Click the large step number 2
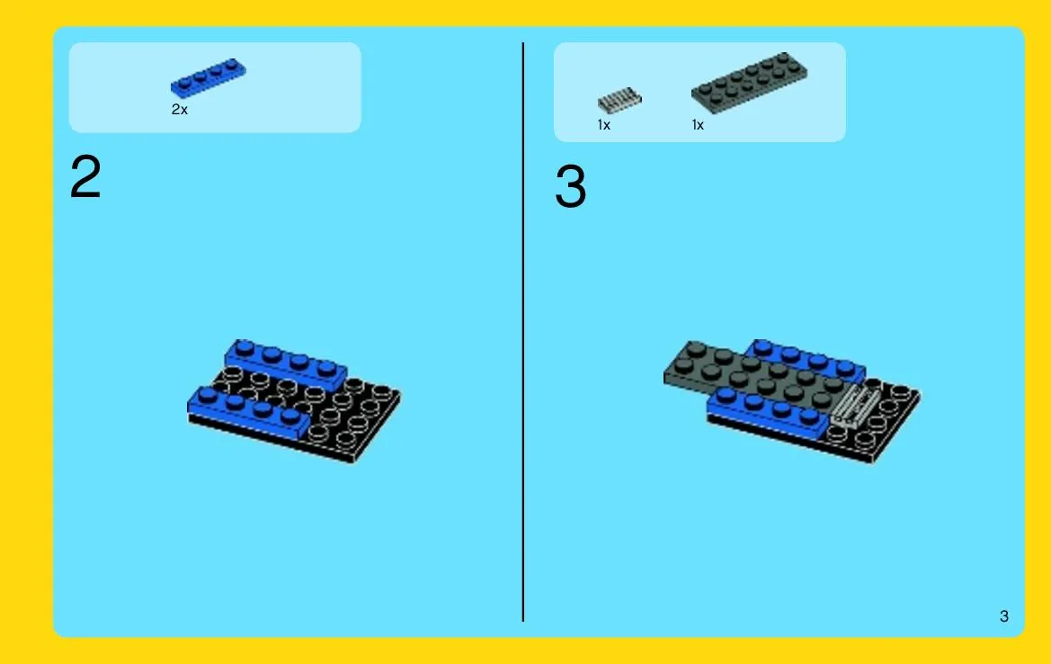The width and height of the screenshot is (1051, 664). click(85, 176)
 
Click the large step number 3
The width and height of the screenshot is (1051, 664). click(570, 185)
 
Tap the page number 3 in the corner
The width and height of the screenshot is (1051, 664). click(1003, 616)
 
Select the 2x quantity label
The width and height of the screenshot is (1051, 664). click(180, 110)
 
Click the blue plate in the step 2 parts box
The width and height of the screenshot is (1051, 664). click(209, 77)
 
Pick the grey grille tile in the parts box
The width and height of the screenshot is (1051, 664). click(619, 101)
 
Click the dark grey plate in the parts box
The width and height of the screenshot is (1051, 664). click(750, 82)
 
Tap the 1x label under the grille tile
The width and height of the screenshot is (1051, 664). click(604, 125)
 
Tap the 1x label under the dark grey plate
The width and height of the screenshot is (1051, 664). click(698, 125)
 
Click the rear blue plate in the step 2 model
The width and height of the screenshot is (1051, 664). click(286, 363)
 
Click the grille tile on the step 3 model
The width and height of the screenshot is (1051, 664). click(855, 406)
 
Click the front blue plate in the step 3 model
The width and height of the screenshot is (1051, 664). click(768, 412)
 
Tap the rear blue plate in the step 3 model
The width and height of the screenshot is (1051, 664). click(807, 358)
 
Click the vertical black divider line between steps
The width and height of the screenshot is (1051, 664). click(523, 332)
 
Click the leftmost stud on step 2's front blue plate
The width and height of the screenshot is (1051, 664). click(207, 395)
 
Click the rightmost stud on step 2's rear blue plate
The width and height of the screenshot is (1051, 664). click(326, 368)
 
